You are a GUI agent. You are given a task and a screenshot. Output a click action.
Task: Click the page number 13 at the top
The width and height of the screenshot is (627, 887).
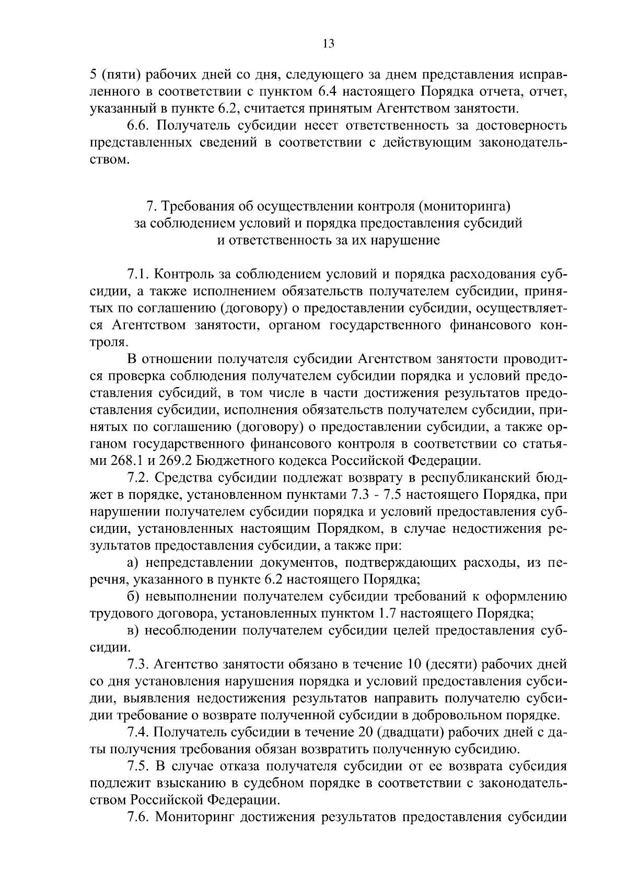[328, 44]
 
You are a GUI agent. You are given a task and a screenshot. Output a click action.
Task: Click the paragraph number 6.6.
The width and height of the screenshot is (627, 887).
[139, 126]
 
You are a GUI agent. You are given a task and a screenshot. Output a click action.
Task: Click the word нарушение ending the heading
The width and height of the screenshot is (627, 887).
[411, 241]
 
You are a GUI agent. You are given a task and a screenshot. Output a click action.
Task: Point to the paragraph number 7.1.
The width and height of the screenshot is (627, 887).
[139, 274]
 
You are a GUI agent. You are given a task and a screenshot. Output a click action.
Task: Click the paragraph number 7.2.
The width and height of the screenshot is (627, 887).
[139, 478]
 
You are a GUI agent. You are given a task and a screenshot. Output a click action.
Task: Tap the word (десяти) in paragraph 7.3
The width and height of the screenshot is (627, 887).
[450, 664]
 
